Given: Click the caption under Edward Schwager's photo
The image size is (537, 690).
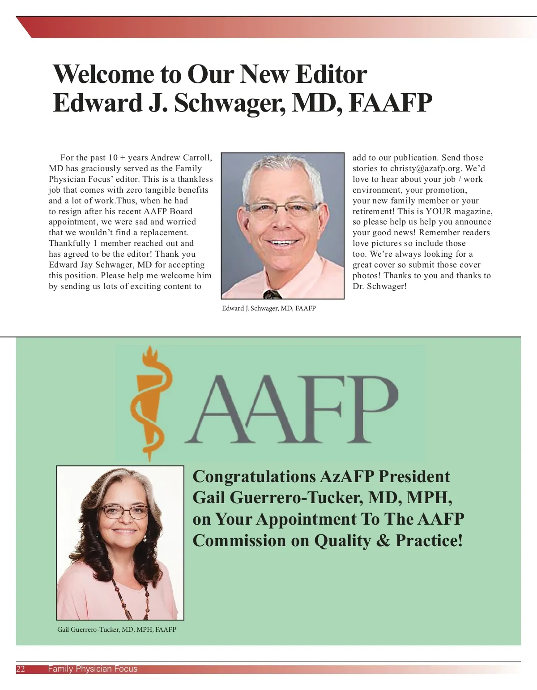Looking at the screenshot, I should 269,308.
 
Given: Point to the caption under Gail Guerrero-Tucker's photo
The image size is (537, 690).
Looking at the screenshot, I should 117,630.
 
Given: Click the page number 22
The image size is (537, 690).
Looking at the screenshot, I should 21,669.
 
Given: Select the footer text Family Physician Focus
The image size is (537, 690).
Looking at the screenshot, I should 93,669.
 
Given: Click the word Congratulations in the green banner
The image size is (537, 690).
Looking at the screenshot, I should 254,476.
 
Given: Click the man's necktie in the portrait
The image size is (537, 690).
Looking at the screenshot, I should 272,294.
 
